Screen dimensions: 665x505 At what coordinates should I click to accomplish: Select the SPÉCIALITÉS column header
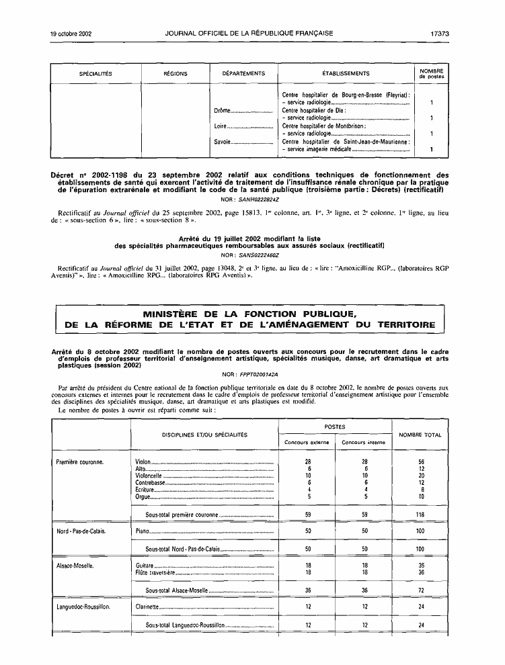[x=95, y=73]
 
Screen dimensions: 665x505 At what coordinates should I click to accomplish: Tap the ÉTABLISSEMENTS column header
[x=346, y=73]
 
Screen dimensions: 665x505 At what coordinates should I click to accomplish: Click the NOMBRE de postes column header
[x=430, y=73]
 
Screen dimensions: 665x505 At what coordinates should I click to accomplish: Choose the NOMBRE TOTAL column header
[x=420, y=435]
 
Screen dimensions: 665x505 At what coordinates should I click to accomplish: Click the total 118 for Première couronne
[x=420, y=514]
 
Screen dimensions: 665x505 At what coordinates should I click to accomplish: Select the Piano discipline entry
[x=142, y=531]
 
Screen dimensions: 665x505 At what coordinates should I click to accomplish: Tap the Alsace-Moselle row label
[x=75, y=566]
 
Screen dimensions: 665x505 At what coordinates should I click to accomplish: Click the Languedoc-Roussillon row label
[x=84, y=607]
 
